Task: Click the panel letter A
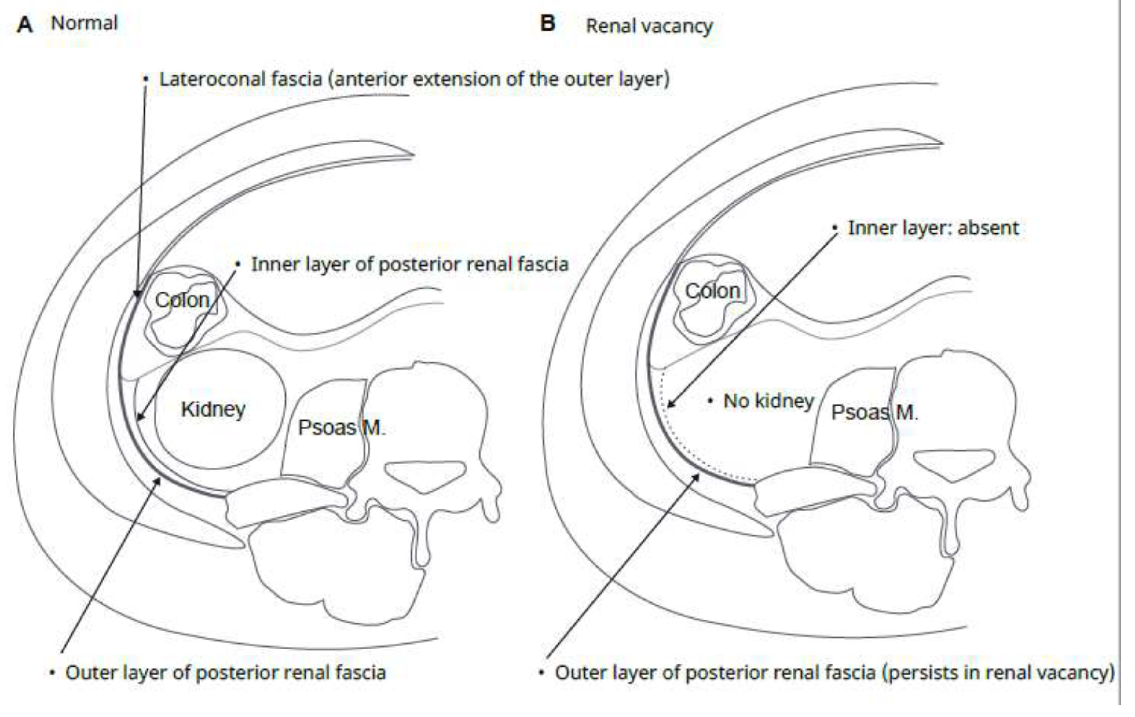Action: pos(25,24)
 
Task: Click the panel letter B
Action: pos(548,23)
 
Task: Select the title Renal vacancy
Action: pos(649,26)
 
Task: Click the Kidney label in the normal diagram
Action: pos(213,409)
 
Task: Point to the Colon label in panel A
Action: pos(182,300)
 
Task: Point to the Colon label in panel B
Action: pos(712,291)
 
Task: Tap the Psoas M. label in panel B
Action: pos(874,413)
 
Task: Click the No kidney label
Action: pos(769,401)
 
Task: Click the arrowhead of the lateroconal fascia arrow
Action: pos(137,294)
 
